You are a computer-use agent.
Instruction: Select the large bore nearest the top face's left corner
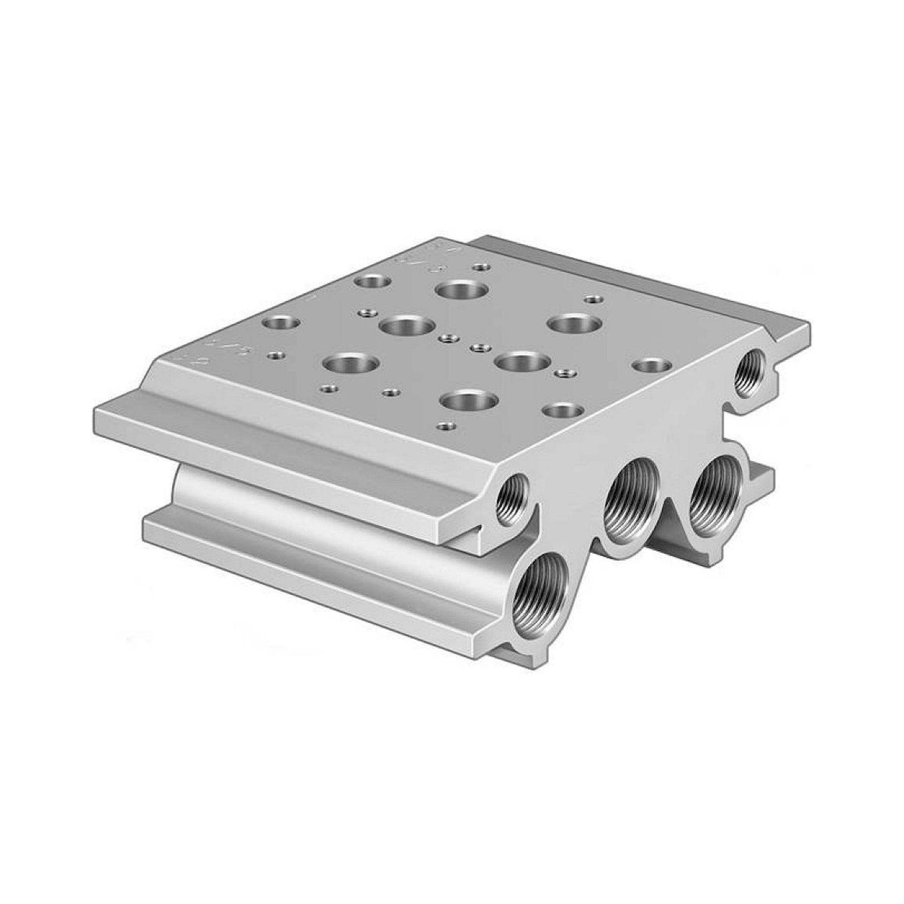click(x=351, y=363)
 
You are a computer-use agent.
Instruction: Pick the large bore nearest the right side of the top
click(x=575, y=323)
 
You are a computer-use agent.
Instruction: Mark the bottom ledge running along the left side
click(x=304, y=557)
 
